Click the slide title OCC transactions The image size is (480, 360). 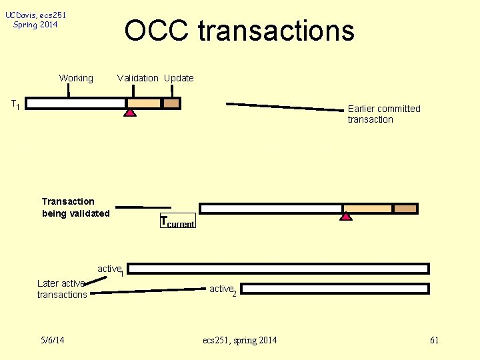(x=239, y=31)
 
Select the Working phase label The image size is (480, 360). (x=76, y=78)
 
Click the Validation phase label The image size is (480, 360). (x=137, y=78)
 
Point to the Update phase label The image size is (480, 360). (x=179, y=78)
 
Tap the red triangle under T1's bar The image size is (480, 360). (x=130, y=113)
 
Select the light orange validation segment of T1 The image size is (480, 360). (x=144, y=103)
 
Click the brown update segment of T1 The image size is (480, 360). (x=171, y=103)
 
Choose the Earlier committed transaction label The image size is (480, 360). (x=384, y=114)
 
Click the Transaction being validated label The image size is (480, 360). (x=75, y=207)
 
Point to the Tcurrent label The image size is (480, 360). (x=177, y=222)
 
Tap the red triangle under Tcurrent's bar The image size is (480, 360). (x=345, y=216)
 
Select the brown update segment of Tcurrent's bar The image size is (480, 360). (x=405, y=209)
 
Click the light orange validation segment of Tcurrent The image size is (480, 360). (x=367, y=209)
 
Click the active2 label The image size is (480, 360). (x=223, y=289)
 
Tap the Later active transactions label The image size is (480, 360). (x=61, y=289)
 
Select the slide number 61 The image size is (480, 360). (x=434, y=341)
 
